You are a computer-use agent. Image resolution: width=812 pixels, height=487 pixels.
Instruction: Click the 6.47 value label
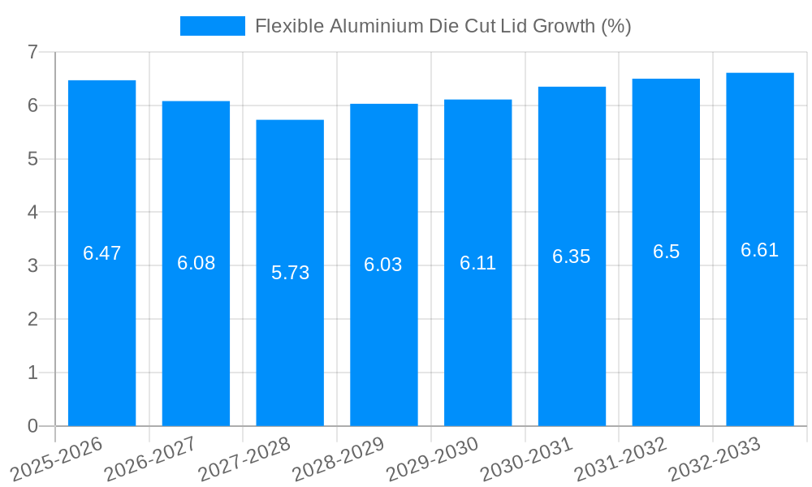(x=101, y=253)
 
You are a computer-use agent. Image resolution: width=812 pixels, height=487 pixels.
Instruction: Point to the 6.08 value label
(x=196, y=263)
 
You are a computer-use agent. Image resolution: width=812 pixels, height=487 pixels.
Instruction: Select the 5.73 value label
(x=290, y=273)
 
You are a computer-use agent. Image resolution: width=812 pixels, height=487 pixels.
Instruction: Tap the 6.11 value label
(x=477, y=263)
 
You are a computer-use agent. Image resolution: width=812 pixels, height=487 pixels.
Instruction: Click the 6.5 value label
(x=666, y=252)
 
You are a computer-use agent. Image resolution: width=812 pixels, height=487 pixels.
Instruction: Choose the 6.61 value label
(x=760, y=250)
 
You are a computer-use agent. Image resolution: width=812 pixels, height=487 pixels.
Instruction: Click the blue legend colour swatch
(x=212, y=26)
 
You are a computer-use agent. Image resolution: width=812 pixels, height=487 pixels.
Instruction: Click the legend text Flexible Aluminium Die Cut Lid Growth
(x=443, y=26)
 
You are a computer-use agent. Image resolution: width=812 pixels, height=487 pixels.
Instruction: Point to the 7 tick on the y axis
(x=32, y=52)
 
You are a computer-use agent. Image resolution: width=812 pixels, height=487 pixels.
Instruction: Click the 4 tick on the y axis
(x=32, y=213)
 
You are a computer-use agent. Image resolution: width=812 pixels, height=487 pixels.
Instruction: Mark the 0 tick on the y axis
(x=32, y=426)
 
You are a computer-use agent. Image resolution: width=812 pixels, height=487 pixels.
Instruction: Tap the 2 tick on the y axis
(x=32, y=319)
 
